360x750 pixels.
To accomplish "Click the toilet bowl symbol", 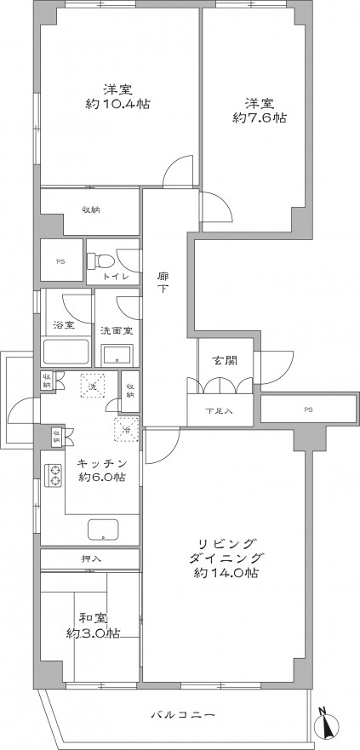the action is coord(104,260).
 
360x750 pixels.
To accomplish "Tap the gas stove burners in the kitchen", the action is coord(54,475).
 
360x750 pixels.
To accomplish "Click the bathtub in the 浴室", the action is coord(66,352).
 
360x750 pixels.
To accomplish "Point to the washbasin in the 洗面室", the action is coord(117,354).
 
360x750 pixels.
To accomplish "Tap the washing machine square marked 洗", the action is coord(94,386).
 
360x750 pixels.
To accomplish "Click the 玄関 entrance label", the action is coord(222,361).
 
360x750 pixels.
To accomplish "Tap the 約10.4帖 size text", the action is coord(117,104).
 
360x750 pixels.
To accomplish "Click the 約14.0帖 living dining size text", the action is coord(226,573).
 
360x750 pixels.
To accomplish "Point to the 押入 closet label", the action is coord(90,558).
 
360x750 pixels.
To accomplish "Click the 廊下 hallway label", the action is coord(163,283).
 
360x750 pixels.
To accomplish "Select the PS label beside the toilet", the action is coord(60,261).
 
